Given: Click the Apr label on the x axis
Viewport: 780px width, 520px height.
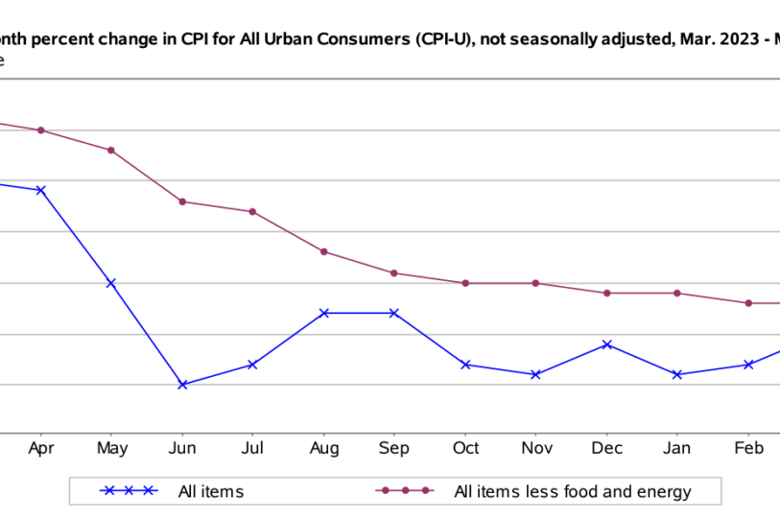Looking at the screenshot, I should (x=39, y=448).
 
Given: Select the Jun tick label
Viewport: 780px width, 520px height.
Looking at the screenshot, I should (x=182, y=448).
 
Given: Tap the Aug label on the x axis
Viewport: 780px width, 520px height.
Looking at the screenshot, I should (x=324, y=448).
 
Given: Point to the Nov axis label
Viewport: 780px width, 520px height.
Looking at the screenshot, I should (x=535, y=448).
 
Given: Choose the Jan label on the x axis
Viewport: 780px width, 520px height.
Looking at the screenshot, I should (x=677, y=448).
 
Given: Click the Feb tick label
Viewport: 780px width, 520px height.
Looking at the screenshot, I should (x=748, y=448).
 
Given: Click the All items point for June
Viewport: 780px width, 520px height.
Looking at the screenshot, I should (x=182, y=385).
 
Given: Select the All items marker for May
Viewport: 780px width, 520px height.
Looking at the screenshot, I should (x=111, y=283).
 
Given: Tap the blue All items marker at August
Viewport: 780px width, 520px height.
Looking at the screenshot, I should (x=324, y=313).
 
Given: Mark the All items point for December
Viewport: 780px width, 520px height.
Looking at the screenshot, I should (x=606, y=344).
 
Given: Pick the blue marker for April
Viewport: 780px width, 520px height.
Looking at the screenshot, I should (x=40, y=190).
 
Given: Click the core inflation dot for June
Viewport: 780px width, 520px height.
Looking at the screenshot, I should (x=182, y=201).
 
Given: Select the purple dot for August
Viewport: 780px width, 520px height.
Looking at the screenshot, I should (x=324, y=251).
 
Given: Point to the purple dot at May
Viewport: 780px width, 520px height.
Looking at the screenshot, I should (x=111, y=150).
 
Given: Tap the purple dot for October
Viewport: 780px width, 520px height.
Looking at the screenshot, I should (x=465, y=283).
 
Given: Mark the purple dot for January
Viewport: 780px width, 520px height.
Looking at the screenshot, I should (x=677, y=293).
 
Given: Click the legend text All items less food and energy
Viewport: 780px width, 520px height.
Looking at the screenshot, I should (x=572, y=492).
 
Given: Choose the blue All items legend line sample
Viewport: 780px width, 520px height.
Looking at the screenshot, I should (x=129, y=491).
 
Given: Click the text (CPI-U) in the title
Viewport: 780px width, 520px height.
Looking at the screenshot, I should (x=442, y=40).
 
